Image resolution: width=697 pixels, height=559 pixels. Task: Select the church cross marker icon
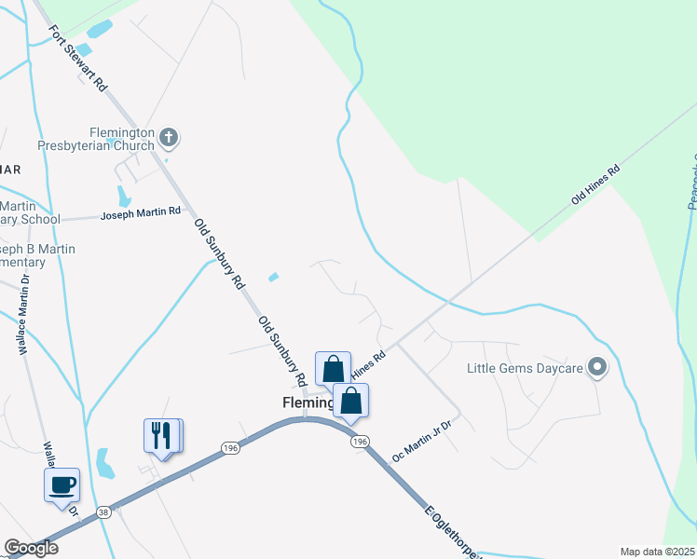pyautogui.click(x=169, y=139)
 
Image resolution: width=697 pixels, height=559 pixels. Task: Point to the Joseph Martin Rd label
pyautogui.click(x=140, y=213)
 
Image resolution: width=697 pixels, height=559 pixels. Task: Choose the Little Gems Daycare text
pyautogui.click(x=526, y=369)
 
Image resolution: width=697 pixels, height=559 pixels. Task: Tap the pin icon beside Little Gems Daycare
pyautogui.click(x=597, y=369)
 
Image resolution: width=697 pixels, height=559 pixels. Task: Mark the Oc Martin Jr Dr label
pyautogui.click(x=421, y=442)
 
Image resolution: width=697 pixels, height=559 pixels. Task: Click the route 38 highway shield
pyautogui.click(x=102, y=511)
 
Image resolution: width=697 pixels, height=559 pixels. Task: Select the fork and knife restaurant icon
pyautogui.click(x=161, y=435)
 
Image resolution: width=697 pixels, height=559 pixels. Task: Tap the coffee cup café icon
pyautogui.click(x=62, y=484)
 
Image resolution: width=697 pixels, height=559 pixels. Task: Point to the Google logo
pyautogui.click(x=31, y=548)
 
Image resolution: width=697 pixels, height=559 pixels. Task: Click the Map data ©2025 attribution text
pyautogui.click(x=656, y=552)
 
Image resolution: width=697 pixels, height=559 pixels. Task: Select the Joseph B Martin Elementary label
pyautogui.click(x=37, y=255)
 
